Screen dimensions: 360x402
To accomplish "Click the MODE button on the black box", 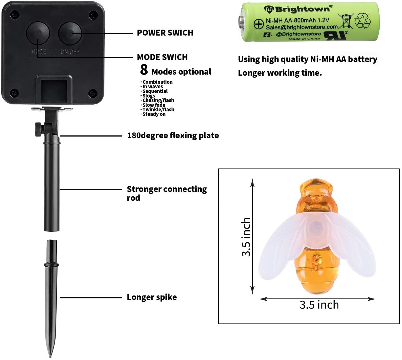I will point(38,33).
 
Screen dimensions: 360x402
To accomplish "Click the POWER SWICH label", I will point(165,33).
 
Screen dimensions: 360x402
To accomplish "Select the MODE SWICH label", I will point(162,57).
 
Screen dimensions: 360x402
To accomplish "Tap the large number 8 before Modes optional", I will point(144,70).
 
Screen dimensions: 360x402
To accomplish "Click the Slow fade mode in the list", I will point(154,105).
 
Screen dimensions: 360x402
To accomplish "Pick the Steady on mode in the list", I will point(154,114).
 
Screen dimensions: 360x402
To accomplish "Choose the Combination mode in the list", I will point(157,82).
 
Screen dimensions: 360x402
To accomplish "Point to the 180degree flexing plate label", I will point(173,135).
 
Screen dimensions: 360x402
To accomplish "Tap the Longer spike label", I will point(152,297).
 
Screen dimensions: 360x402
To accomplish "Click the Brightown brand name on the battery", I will point(302,9).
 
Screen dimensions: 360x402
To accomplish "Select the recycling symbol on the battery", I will point(363,21).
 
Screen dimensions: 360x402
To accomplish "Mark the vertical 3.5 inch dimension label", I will point(246,237).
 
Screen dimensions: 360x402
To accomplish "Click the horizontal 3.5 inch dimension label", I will point(319,305).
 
